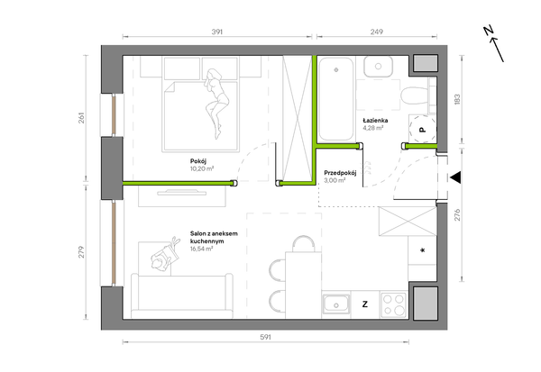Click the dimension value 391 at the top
[217, 32]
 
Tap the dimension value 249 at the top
[376, 32]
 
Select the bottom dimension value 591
[265, 337]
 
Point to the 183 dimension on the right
[457, 99]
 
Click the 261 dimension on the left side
[81, 118]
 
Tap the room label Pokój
[198, 161]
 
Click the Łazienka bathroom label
[375, 121]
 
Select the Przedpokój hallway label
[340, 173]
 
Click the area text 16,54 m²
[201, 249]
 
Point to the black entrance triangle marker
[455, 178]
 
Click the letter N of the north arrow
[488, 31]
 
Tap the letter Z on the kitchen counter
[364, 304]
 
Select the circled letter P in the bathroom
[422, 130]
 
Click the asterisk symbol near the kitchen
[422, 250]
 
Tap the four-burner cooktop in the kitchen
[394, 304]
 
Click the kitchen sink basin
[335, 304]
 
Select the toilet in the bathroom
[415, 95]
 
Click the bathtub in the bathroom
[335, 99]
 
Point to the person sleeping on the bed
[216, 103]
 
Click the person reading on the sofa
[165, 255]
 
